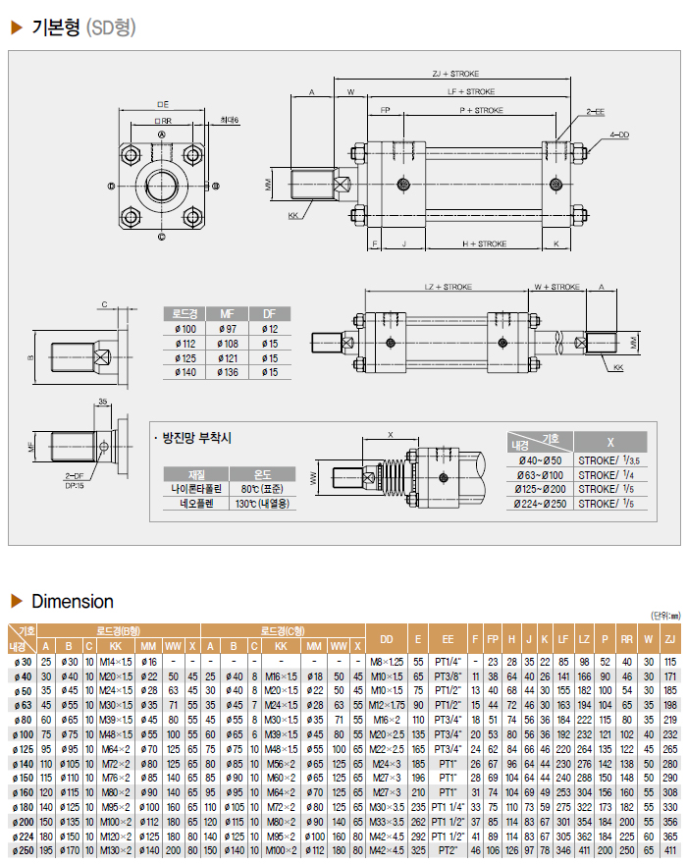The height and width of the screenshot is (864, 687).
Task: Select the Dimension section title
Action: [72, 601]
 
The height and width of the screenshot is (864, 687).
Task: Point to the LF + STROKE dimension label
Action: [472, 90]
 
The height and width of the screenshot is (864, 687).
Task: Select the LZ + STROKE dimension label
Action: [449, 287]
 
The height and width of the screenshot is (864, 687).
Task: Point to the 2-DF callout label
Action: [74, 474]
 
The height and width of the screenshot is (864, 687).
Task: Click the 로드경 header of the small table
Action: [185, 313]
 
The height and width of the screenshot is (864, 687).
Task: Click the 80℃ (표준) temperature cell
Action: [262, 488]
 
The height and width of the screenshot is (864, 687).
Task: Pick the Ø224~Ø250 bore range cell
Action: [541, 503]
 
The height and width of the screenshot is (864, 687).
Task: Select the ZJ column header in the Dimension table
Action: [670, 640]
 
